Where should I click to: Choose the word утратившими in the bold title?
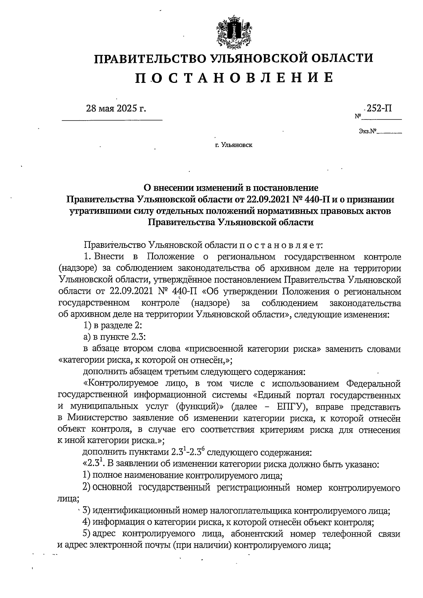(99, 211)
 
